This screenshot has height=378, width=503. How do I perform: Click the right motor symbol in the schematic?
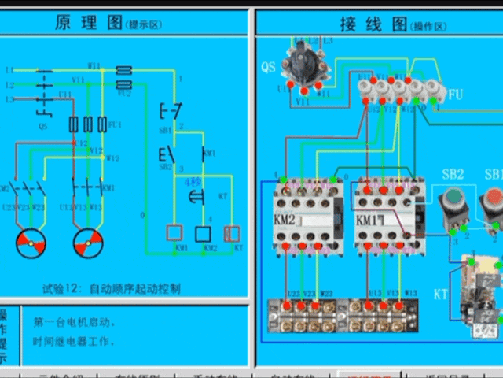(89, 245)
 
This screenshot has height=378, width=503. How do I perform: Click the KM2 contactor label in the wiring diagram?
(285, 220)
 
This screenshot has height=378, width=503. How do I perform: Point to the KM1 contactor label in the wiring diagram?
(366, 220)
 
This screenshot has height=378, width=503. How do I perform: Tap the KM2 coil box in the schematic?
(203, 233)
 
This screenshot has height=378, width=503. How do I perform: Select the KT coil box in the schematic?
(232, 233)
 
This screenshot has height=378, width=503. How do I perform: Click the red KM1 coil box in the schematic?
(173, 233)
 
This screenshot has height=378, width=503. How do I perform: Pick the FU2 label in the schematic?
(123, 94)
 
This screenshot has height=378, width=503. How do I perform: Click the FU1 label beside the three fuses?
(116, 124)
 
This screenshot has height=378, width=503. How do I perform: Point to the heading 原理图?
(87, 23)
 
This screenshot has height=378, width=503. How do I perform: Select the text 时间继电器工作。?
(75, 342)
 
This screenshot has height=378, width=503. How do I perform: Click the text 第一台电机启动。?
(75, 323)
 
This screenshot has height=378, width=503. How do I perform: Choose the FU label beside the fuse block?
(456, 94)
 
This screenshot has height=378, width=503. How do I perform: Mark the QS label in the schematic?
(42, 125)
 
